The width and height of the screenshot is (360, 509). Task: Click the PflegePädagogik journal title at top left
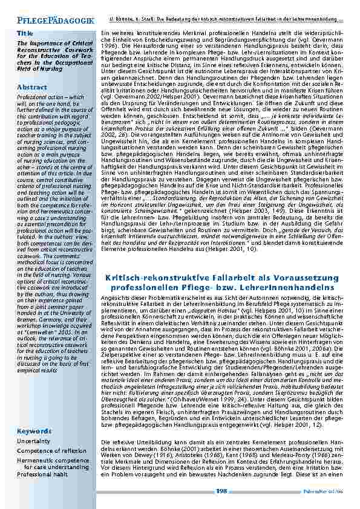pyautogui.click(x=48, y=21)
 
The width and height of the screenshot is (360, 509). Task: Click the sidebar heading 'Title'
pyautogui.click(x=25, y=33)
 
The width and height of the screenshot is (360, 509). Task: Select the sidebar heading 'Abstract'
pyautogui.click(x=32, y=87)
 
